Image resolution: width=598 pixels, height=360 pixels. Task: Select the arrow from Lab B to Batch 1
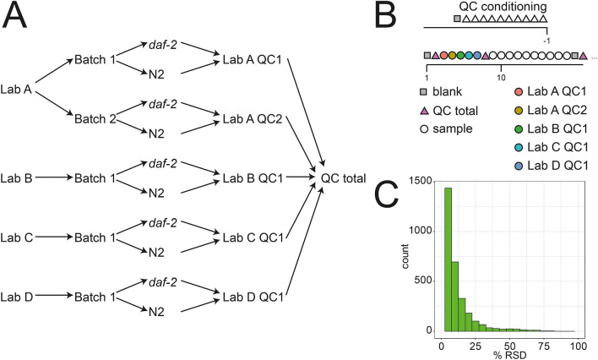[55, 178]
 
